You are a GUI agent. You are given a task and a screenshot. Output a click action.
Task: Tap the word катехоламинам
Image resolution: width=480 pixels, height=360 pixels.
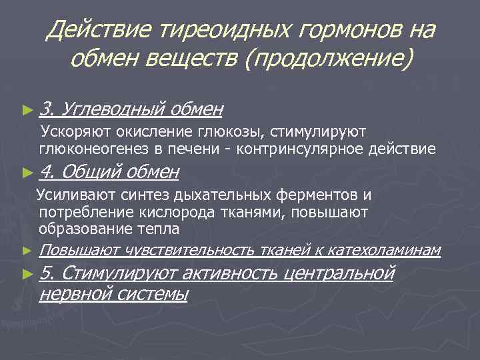tap(385, 250)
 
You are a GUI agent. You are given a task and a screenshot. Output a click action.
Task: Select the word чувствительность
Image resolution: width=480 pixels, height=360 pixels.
tap(189, 250)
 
